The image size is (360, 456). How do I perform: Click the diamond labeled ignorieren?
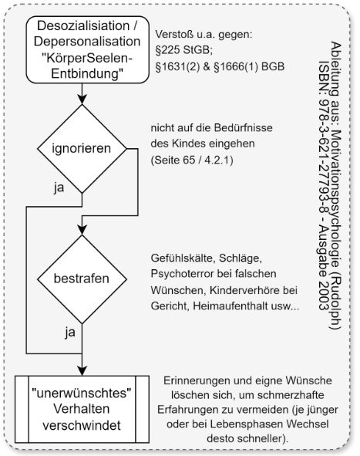point(82,149)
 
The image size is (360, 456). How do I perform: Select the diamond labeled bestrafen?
point(82,279)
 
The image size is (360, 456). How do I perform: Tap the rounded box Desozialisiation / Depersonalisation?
point(87,49)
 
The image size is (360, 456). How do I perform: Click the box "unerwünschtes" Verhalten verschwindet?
point(82,409)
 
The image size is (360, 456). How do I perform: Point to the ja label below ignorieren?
point(59,187)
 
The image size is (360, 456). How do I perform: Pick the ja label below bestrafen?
point(70,333)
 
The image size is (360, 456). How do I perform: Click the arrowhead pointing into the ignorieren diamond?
point(82,100)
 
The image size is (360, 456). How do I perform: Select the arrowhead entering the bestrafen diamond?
point(82,230)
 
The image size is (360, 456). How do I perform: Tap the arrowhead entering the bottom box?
point(82,371)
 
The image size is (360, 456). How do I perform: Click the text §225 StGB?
point(184,51)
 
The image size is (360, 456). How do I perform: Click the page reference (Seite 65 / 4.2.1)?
point(192,160)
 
